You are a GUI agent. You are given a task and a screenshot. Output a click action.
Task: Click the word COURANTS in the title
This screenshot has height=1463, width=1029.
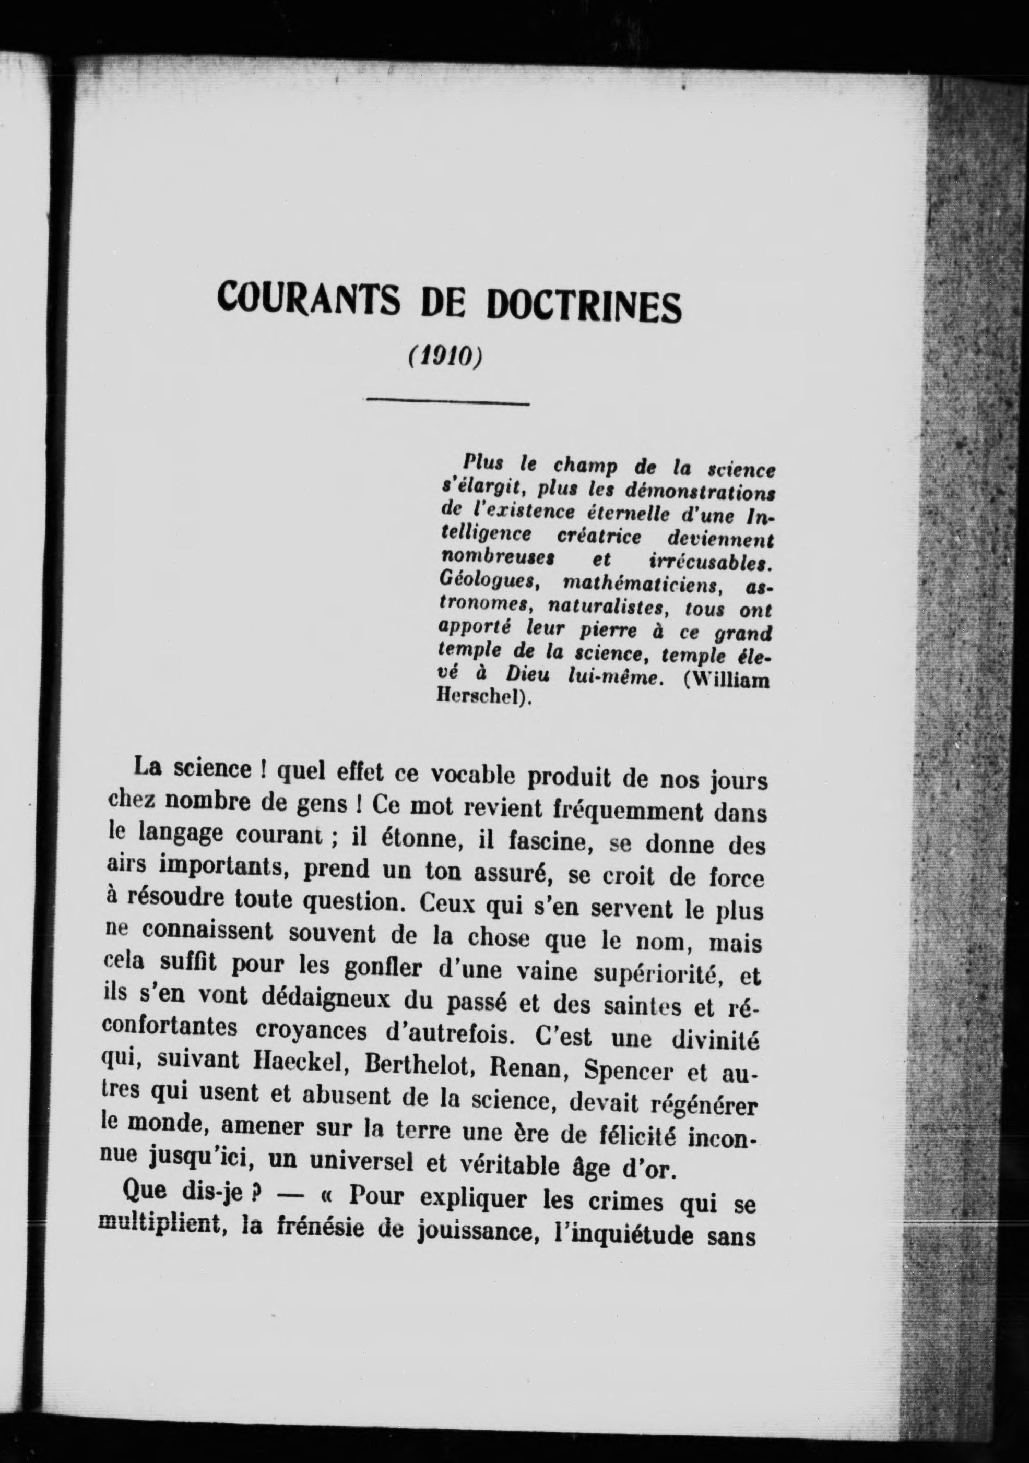309,300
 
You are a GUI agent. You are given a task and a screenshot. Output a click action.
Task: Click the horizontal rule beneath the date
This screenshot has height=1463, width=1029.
447,402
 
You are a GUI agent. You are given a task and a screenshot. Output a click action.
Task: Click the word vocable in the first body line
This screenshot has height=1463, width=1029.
475,776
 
